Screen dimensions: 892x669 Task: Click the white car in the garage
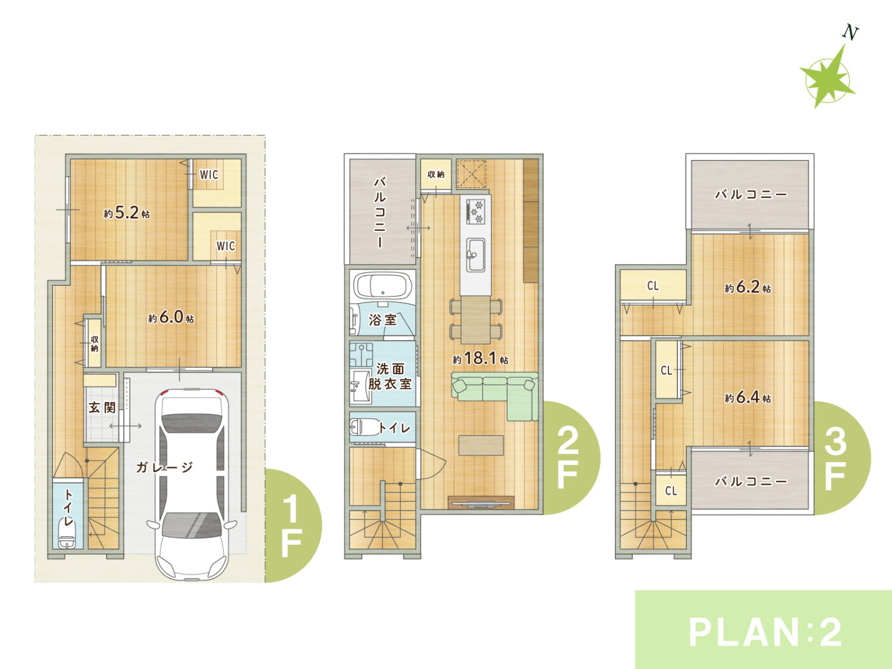(x=192, y=484)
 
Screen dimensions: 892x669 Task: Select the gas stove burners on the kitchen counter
(x=476, y=211)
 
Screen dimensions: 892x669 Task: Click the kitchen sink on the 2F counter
(x=476, y=255)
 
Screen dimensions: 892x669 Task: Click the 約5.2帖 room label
(x=127, y=212)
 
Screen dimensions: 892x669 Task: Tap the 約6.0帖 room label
(x=171, y=317)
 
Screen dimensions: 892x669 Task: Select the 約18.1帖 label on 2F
(x=480, y=358)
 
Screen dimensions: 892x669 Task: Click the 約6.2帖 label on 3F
(x=747, y=288)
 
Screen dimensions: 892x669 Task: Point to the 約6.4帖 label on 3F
(x=747, y=397)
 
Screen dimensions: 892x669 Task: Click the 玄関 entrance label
(x=102, y=407)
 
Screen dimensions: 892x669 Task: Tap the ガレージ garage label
(x=165, y=467)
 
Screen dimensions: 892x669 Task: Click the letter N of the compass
(x=850, y=33)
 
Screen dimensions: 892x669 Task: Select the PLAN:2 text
(x=764, y=633)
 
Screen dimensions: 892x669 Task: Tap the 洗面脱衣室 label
(x=390, y=376)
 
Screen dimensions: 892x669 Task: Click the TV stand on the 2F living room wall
(x=481, y=502)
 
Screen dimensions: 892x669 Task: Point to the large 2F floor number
(x=568, y=458)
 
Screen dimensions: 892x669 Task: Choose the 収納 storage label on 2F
(x=436, y=174)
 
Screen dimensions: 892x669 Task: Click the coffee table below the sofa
(x=481, y=445)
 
